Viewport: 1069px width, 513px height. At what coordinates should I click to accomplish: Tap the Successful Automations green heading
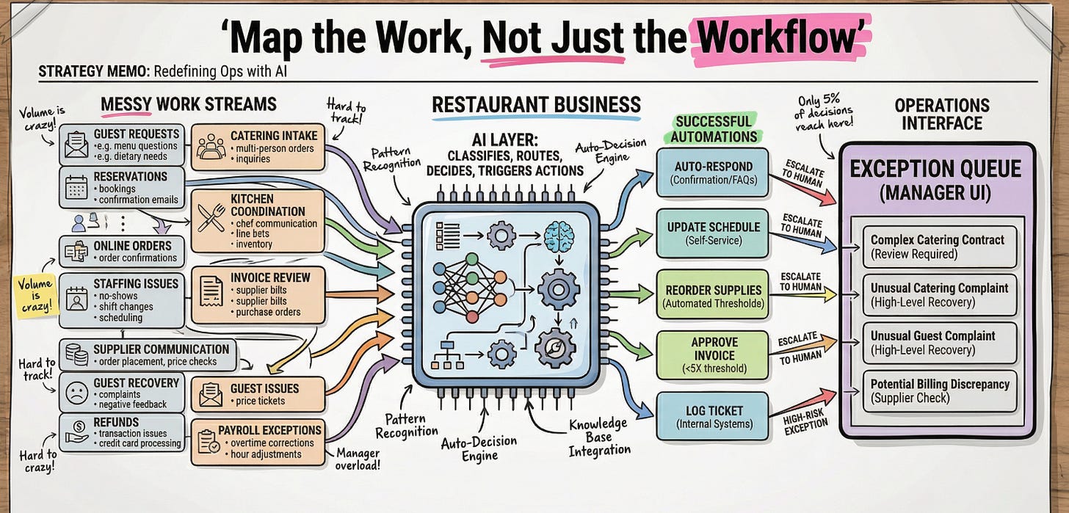pyautogui.click(x=713, y=128)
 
